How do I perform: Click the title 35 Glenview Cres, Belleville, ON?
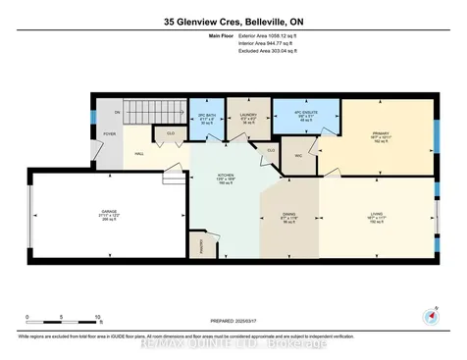[x=233, y=20]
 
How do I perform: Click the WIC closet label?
[x=297, y=155]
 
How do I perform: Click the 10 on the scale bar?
[x=96, y=319]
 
